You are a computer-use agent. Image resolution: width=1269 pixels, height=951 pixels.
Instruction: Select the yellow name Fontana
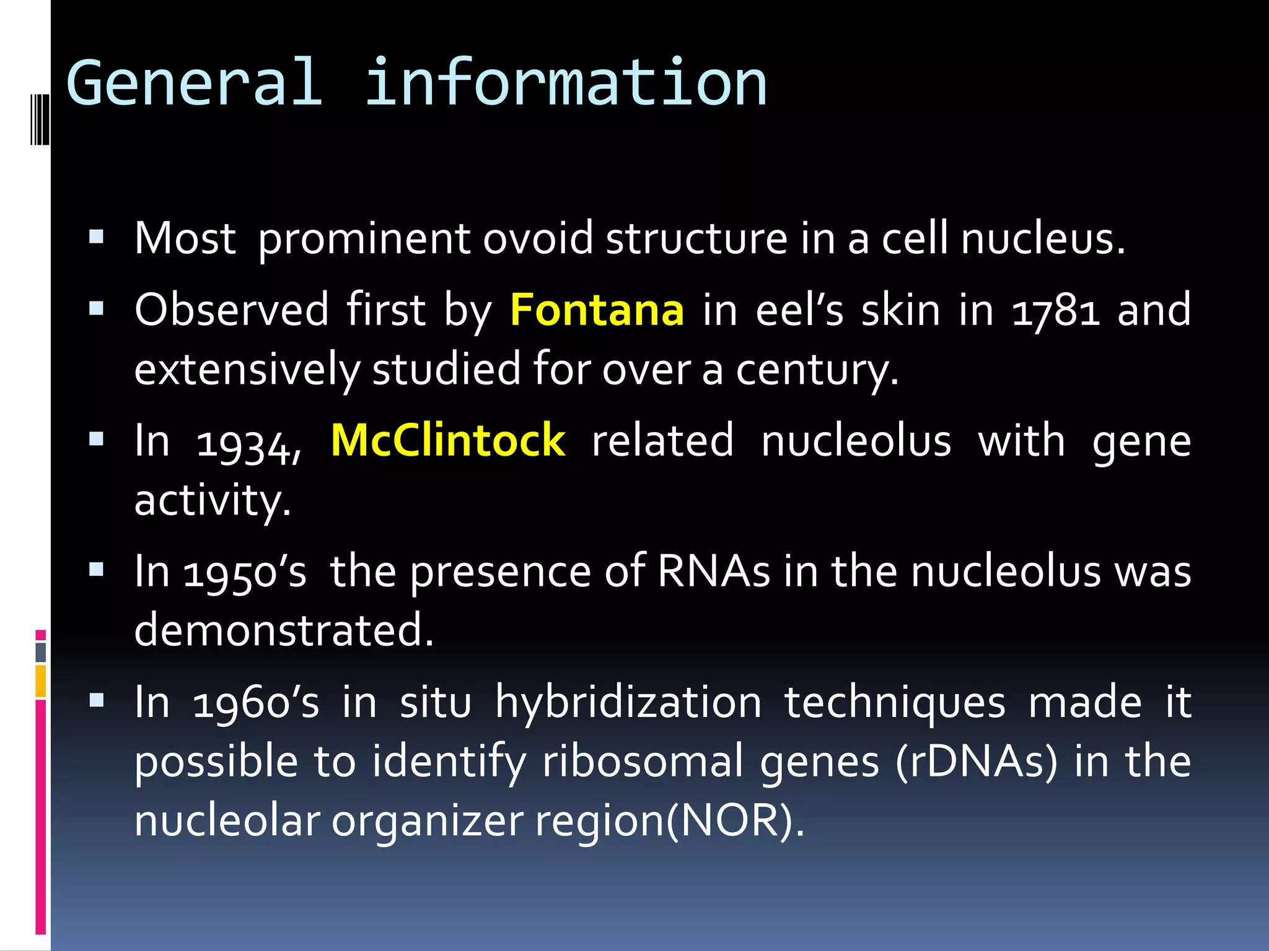[x=597, y=310]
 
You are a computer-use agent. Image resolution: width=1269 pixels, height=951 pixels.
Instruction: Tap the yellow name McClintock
[x=448, y=440]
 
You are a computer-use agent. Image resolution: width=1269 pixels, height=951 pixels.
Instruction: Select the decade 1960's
[x=255, y=703]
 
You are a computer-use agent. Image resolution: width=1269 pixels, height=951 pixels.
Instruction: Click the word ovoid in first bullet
[x=537, y=238]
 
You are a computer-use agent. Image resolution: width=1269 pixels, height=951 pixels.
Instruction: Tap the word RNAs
[x=713, y=571]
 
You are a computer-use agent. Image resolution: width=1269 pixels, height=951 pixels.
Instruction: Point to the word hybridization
[x=628, y=703]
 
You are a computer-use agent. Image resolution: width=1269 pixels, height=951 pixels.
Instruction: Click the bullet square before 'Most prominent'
[x=96, y=237]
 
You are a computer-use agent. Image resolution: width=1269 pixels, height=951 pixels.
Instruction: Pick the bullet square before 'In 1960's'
[x=96, y=700]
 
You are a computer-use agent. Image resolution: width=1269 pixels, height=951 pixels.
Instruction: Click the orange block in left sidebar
[x=40, y=680]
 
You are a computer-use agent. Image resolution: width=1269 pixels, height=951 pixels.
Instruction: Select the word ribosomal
[x=643, y=762]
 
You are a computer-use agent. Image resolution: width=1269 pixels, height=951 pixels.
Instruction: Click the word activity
[x=212, y=500]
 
